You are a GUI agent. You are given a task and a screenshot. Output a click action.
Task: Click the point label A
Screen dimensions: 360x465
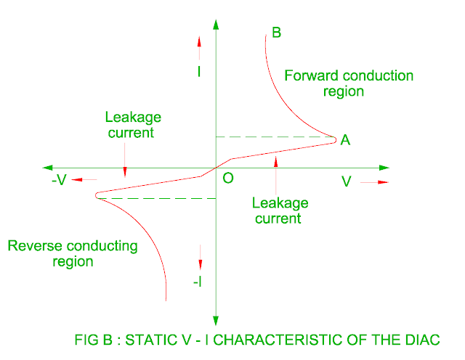345,140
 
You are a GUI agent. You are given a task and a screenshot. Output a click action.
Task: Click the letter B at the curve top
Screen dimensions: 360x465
276,32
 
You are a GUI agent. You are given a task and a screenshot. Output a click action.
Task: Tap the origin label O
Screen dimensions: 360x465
228,178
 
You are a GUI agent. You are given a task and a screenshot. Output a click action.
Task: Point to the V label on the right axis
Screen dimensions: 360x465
347,181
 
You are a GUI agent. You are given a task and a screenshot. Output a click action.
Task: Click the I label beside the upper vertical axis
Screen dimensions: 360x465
199,72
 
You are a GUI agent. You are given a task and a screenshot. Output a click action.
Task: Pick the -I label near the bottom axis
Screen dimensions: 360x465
198,282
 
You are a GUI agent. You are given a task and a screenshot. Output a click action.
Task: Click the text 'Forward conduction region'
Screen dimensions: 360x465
348,83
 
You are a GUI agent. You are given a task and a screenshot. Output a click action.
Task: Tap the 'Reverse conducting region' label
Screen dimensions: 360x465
73,253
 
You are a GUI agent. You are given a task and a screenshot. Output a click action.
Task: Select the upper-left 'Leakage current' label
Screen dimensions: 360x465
133,124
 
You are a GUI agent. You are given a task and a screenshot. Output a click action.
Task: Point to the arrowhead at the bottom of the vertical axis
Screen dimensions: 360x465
216,319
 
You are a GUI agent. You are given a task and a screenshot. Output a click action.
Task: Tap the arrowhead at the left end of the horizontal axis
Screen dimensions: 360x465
48,168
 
